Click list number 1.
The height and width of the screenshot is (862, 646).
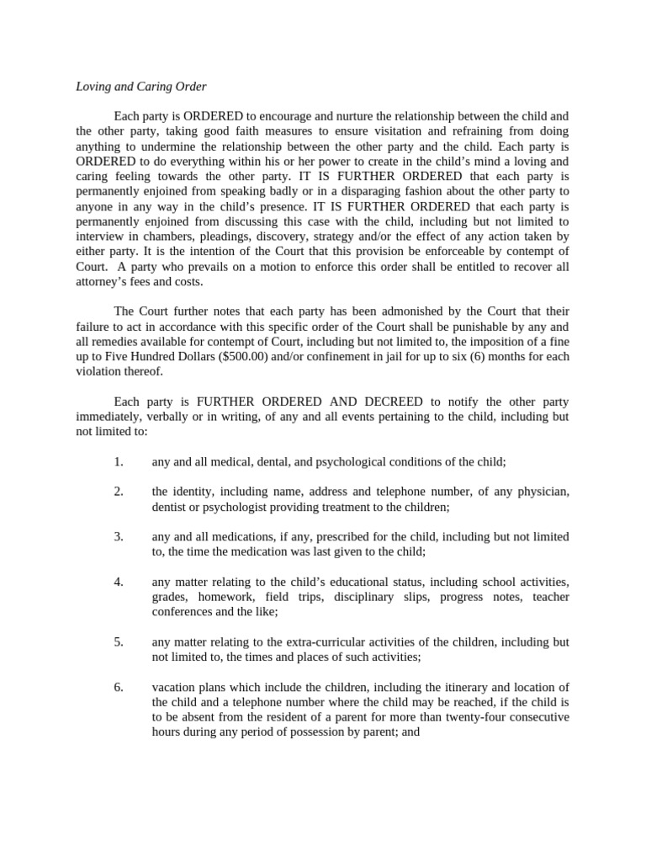(119, 461)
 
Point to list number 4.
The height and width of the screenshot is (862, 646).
(119, 582)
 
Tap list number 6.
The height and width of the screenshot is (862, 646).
(119, 687)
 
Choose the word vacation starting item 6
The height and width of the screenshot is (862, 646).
(173, 687)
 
